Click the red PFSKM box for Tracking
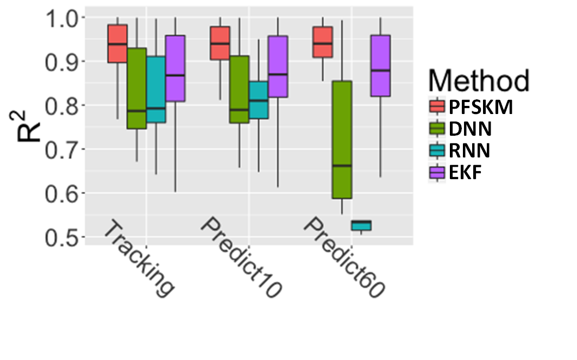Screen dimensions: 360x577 [117, 43]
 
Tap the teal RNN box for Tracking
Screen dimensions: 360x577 [156, 89]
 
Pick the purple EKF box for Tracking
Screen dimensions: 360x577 [175, 68]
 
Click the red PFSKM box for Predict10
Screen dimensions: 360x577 [220, 43]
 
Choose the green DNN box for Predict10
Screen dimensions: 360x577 [239, 89]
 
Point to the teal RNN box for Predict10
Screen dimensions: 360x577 [259, 100]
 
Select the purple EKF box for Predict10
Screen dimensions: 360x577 [278, 66]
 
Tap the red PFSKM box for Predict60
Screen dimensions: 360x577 [323, 42]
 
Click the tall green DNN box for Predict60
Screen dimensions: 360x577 [342, 140]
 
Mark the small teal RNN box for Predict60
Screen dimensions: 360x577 [361, 225]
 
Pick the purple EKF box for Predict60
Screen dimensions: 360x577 [380, 65]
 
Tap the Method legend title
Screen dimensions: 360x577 [479, 81]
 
